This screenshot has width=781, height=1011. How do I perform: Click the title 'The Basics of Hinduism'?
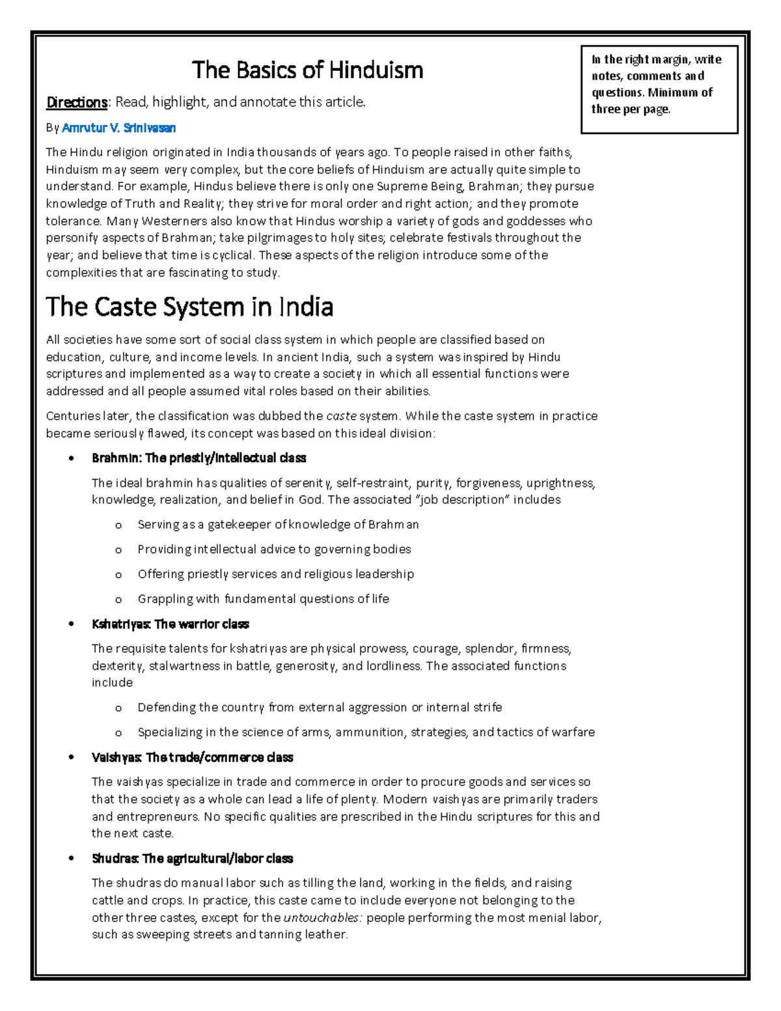pyautogui.click(x=307, y=70)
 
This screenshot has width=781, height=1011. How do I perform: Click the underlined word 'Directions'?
pyautogui.click(x=77, y=102)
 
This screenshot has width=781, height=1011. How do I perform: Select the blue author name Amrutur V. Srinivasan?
pyautogui.click(x=118, y=128)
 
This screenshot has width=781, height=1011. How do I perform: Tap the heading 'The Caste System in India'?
pyautogui.click(x=189, y=307)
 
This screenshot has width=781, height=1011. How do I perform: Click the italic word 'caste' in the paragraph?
pyautogui.click(x=341, y=416)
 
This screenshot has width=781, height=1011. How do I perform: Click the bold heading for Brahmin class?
pyautogui.click(x=199, y=458)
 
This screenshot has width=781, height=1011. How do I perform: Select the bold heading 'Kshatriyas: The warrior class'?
pyautogui.click(x=170, y=624)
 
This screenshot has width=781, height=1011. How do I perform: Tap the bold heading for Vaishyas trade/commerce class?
pyautogui.click(x=192, y=758)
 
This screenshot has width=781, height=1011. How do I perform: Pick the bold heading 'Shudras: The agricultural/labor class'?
pyautogui.click(x=192, y=859)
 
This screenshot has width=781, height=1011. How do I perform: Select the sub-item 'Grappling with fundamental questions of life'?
pyautogui.click(x=263, y=599)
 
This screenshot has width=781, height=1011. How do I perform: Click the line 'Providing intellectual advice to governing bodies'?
pyautogui.click(x=274, y=549)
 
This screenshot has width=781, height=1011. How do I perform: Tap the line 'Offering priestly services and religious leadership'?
pyautogui.click(x=275, y=574)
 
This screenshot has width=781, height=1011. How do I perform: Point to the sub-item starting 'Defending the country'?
pyautogui.click(x=320, y=708)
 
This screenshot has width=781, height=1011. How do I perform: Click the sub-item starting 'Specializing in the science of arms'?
pyautogui.click(x=366, y=732)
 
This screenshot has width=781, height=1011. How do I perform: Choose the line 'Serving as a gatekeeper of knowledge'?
pyautogui.click(x=278, y=525)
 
